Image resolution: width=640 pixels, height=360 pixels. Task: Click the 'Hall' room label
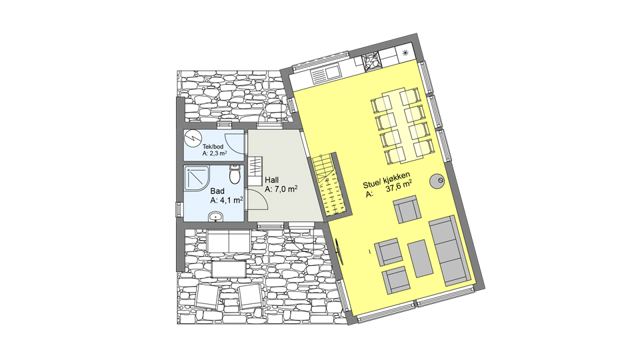(272, 180)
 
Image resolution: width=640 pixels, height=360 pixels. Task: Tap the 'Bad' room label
(217, 191)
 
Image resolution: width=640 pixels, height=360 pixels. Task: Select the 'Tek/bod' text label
(213, 147)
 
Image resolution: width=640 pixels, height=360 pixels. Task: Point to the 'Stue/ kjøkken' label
(387, 181)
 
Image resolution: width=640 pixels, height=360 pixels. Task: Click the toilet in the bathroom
(235, 174)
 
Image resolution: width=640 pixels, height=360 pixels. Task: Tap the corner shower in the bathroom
(197, 177)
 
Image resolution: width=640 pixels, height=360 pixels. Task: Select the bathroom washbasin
(215, 216)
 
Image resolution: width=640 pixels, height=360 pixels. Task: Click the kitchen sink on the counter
(326, 75)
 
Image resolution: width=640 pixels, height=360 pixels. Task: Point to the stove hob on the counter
(371, 62)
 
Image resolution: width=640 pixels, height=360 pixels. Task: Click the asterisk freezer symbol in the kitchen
(405, 52)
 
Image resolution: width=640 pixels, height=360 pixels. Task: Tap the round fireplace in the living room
(437, 181)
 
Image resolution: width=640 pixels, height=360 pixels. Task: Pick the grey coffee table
(420, 259)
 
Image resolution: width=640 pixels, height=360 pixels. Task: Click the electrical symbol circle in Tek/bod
(191, 138)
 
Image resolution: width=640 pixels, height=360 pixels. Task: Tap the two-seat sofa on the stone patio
(229, 241)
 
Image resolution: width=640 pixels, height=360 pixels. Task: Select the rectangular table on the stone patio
(229, 270)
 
